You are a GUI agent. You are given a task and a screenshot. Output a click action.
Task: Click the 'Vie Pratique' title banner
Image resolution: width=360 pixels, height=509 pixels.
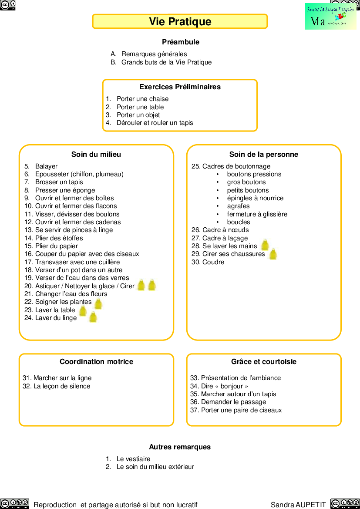180,21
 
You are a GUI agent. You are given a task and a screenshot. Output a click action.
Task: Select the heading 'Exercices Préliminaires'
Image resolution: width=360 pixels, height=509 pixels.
180,87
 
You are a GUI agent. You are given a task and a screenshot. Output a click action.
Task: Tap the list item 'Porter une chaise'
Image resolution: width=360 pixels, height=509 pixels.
142,99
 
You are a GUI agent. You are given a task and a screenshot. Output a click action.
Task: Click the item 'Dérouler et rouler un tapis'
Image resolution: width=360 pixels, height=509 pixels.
155,123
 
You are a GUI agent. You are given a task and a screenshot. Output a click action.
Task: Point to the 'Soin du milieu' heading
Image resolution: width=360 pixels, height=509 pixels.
96,154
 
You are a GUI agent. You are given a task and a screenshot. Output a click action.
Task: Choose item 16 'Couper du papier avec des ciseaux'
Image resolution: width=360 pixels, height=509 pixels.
87,254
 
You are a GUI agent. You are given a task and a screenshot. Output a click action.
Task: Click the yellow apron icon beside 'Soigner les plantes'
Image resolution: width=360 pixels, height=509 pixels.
98,303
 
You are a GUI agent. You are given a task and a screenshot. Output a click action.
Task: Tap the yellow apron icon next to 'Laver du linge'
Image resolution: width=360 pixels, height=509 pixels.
93,317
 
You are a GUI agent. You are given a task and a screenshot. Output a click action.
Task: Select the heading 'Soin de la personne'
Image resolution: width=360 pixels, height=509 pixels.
264,154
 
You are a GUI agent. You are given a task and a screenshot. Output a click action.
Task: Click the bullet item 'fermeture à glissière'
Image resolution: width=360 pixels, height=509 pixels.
257,214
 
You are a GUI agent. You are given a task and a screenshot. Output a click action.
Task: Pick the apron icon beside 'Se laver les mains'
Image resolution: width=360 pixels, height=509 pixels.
265,245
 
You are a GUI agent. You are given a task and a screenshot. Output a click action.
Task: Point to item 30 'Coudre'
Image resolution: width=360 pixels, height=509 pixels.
213,262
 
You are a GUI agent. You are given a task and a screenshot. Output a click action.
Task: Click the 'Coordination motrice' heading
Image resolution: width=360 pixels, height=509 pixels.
96,361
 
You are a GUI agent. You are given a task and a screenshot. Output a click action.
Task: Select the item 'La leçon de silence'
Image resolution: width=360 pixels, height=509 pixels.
62,386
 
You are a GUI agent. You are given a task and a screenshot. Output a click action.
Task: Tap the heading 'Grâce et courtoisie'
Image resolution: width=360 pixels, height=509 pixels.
264,361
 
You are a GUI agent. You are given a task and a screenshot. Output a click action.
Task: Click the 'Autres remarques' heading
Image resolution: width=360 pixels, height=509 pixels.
180,447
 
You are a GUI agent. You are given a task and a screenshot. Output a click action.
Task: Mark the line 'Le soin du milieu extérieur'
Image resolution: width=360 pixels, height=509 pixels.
155,467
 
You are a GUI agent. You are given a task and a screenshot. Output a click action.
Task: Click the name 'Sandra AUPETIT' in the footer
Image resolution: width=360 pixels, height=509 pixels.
298,505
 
